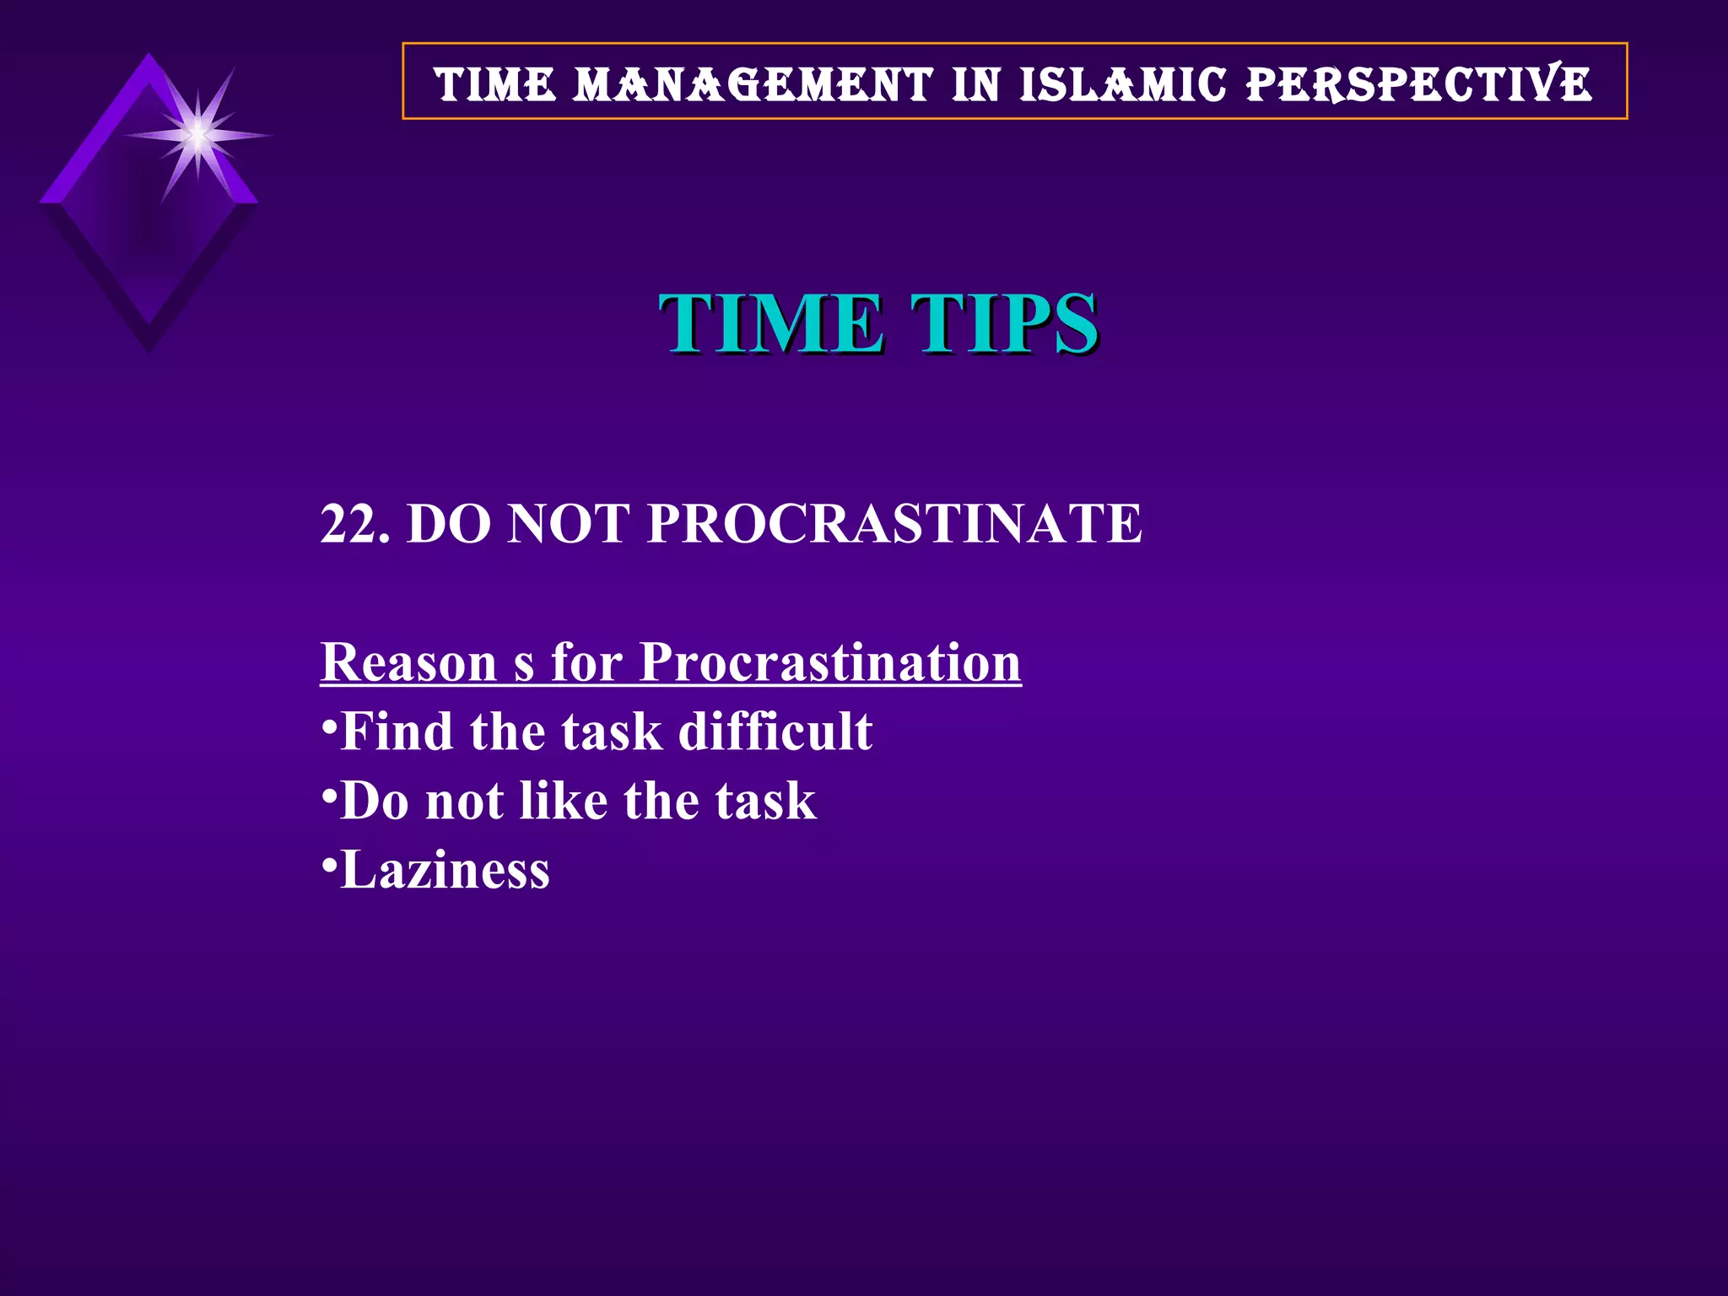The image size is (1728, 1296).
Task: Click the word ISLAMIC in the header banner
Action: click(1122, 84)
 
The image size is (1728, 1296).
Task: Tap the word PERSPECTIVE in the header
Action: click(1418, 84)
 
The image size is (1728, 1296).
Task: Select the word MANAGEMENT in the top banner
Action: click(753, 84)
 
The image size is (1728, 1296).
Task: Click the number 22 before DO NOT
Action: click(347, 523)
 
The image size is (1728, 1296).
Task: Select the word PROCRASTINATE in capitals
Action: click(894, 523)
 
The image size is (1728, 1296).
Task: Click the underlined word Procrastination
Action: click(830, 661)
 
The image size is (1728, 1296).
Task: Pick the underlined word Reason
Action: click(409, 661)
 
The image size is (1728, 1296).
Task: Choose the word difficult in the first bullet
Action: click(775, 731)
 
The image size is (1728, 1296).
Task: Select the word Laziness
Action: click(445, 870)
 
